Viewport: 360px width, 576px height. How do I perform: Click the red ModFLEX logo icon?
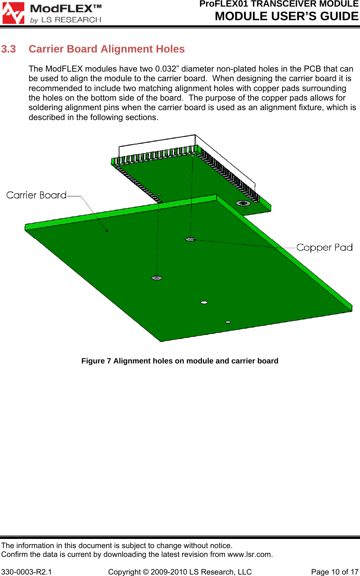point(14,13)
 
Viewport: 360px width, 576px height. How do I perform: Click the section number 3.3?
point(8,49)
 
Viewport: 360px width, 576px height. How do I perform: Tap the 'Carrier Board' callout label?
point(36,195)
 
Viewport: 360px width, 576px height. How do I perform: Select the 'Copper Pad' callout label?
point(324,247)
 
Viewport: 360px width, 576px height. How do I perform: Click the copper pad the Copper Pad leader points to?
point(190,239)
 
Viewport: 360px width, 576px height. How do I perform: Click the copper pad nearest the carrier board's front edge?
point(157,278)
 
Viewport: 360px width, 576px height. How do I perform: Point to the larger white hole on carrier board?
point(204,303)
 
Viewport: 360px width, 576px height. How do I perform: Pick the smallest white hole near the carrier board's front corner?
point(228,322)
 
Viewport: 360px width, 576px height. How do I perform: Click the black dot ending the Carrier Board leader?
point(107,231)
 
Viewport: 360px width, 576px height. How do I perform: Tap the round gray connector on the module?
point(243,203)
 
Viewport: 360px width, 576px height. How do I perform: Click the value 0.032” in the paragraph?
point(166,69)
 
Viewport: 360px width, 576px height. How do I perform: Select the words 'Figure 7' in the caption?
point(96,361)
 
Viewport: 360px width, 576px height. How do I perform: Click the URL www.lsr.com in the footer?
point(250,554)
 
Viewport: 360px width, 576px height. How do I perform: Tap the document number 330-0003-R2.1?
point(26,572)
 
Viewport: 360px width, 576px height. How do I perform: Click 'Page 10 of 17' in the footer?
point(334,572)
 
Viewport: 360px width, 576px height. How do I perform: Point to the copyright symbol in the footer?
point(146,572)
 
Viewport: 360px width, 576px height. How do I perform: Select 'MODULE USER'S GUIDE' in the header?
point(287,17)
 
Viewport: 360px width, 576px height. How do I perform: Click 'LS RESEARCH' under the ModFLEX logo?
point(71,20)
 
